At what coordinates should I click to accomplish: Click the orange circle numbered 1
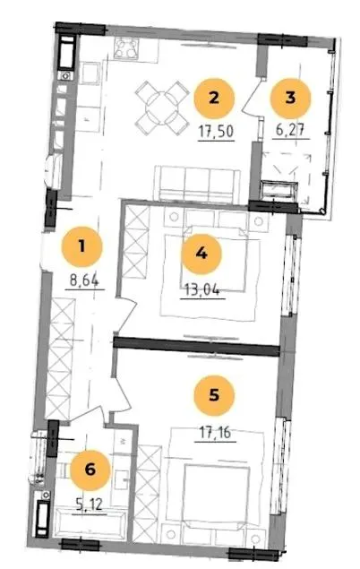(81, 246)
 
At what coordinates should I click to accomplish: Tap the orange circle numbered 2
(214, 99)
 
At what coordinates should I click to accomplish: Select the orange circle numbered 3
(290, 98)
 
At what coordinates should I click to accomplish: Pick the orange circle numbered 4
(201, 254)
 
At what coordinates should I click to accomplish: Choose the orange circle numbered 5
(214, 395)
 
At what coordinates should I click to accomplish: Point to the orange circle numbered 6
(90, 470)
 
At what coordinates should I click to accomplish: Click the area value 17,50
(216, 132)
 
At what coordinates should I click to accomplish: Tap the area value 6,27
(290, 130)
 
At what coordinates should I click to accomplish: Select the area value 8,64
(84, 280)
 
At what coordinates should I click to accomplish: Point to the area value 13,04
(202, 290)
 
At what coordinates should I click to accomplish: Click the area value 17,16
(215, 433)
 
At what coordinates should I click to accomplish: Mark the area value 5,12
(90, 504)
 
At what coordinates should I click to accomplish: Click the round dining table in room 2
(161, 108)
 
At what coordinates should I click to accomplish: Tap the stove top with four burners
(126, 48)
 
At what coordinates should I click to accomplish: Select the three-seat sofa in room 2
(197, 184)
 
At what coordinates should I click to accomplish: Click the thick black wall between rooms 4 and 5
(196, 346)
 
